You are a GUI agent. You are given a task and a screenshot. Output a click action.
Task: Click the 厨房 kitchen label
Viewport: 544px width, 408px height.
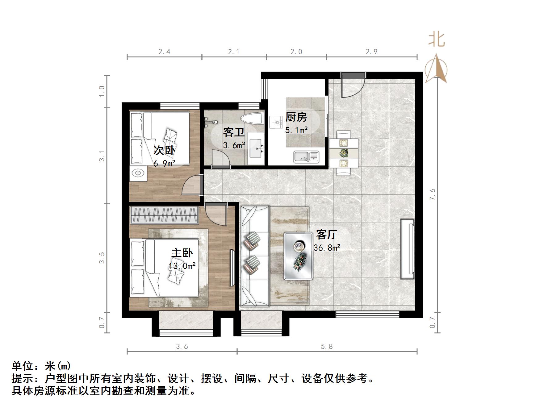tap(296, 117)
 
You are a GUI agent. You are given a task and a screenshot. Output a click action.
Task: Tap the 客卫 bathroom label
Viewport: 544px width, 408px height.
tap(234, 132)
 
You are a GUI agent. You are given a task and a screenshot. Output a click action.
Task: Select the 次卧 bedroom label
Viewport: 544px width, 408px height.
tap(164, 151)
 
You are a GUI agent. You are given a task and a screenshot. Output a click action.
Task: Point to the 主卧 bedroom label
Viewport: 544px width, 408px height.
tap(182, 253)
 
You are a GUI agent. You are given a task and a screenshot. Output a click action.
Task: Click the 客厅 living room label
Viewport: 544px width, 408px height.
tap(326, 235)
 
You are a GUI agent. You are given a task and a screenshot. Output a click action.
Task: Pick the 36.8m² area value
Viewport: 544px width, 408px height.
tap(327, 248)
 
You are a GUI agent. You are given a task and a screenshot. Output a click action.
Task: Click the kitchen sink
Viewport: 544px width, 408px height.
tap(306, 156)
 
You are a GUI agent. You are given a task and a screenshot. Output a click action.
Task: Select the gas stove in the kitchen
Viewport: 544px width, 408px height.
tap(276, 122)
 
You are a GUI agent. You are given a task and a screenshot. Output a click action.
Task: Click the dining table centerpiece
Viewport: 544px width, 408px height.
tap(343, 152)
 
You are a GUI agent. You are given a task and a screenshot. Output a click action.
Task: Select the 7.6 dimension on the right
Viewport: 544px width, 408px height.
tap(432, 194)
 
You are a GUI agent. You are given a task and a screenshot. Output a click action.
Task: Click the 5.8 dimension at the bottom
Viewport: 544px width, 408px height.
tap(327, 347)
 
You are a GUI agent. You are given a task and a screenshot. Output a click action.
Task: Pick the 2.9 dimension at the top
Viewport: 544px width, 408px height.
tap(371, 52)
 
